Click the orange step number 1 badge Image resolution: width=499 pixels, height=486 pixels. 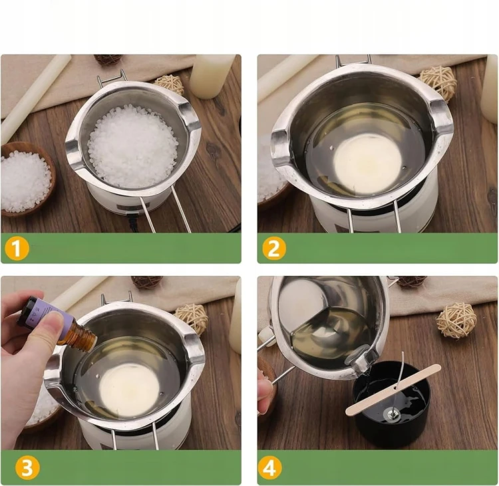pos(17,248)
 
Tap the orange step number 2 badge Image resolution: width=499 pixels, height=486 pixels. pos(273,248)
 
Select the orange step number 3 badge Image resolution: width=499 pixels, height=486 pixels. pos(27,468)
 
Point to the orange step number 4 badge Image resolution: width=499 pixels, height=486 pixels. pos(270,468)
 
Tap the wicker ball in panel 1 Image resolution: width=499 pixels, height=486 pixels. pos(170,85)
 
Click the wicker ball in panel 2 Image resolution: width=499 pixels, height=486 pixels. pos(438,80)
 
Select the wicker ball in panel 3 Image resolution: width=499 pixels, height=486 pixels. pos(192,318)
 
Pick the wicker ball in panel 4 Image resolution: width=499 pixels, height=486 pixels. pos(456,320)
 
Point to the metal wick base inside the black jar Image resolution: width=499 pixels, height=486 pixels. pos(391,414)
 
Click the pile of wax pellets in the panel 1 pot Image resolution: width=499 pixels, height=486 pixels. pos(133,146)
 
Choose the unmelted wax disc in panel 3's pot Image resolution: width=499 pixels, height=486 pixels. pos(129,389)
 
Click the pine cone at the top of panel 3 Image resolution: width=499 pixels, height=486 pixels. pos(147,282)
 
